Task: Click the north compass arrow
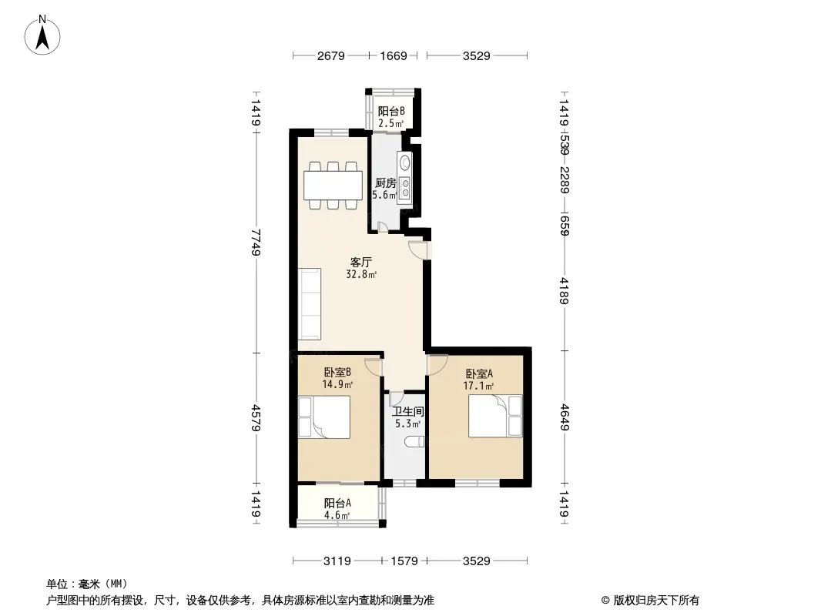(x=42, y=38)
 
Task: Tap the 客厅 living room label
(x=360, y=261)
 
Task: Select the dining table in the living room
(x=333, y=186)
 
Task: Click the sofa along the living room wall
(x=310, y=303)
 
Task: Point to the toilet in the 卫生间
(x=414, y=441)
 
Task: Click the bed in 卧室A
(x=495, y=416)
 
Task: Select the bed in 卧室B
(x=324, y=417)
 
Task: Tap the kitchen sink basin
(x=405, y=162)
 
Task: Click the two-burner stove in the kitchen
(x=405, y=189)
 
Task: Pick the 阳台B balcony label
(x=392, y=112)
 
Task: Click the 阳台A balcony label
(x=337, y=503)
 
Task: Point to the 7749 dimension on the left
(x=256, y=241)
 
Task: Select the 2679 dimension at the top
(x=331, y=55)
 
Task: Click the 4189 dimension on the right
(x=564, y=290)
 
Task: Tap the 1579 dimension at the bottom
(x=404, y=561)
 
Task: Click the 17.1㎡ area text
(x=478, y=387)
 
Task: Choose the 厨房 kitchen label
(x=386, y=183)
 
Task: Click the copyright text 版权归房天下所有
(x=655, y=601)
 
